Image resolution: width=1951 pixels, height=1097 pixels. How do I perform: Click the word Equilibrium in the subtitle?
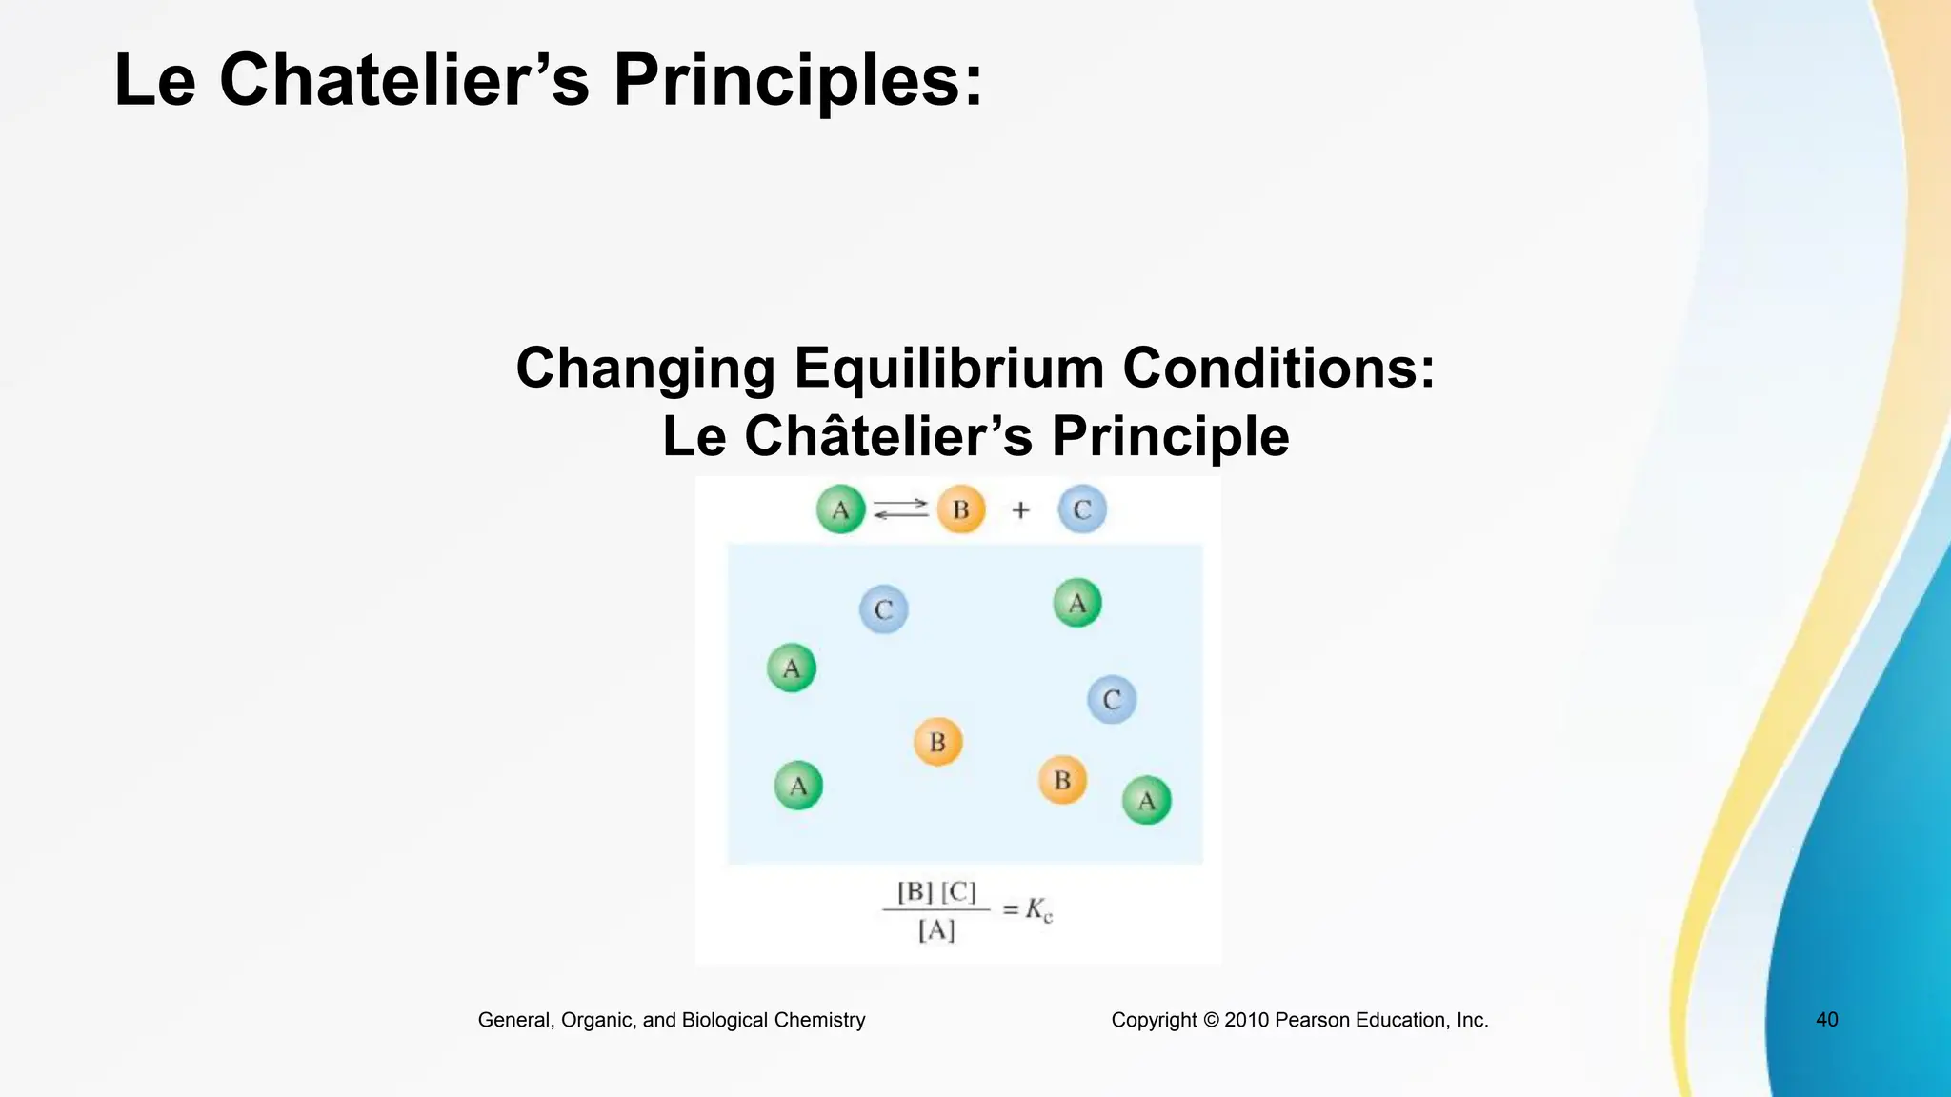948,368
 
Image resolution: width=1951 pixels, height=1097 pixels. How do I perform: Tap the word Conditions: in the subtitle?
1278,368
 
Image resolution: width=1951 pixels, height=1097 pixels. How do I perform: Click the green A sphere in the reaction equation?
840,509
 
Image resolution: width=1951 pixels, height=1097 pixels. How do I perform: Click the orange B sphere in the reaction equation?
960,509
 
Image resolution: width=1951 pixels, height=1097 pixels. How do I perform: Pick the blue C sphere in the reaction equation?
1081,509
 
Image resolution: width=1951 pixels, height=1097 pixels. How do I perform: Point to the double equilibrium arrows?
900,509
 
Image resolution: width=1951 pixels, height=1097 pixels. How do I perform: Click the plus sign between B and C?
1020,510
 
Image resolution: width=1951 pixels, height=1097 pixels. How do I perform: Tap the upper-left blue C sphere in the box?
883,609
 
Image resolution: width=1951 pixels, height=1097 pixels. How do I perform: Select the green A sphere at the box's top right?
1076,603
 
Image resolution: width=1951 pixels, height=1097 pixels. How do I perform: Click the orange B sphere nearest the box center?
937,742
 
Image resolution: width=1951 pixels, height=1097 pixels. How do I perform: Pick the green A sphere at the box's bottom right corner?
1146,800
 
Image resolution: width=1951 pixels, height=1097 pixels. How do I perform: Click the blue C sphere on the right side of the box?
1111,700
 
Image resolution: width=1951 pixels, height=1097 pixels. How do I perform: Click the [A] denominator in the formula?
936,930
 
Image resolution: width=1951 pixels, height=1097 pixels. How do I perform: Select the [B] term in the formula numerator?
915,892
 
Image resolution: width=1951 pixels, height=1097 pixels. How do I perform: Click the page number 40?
1826,1020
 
